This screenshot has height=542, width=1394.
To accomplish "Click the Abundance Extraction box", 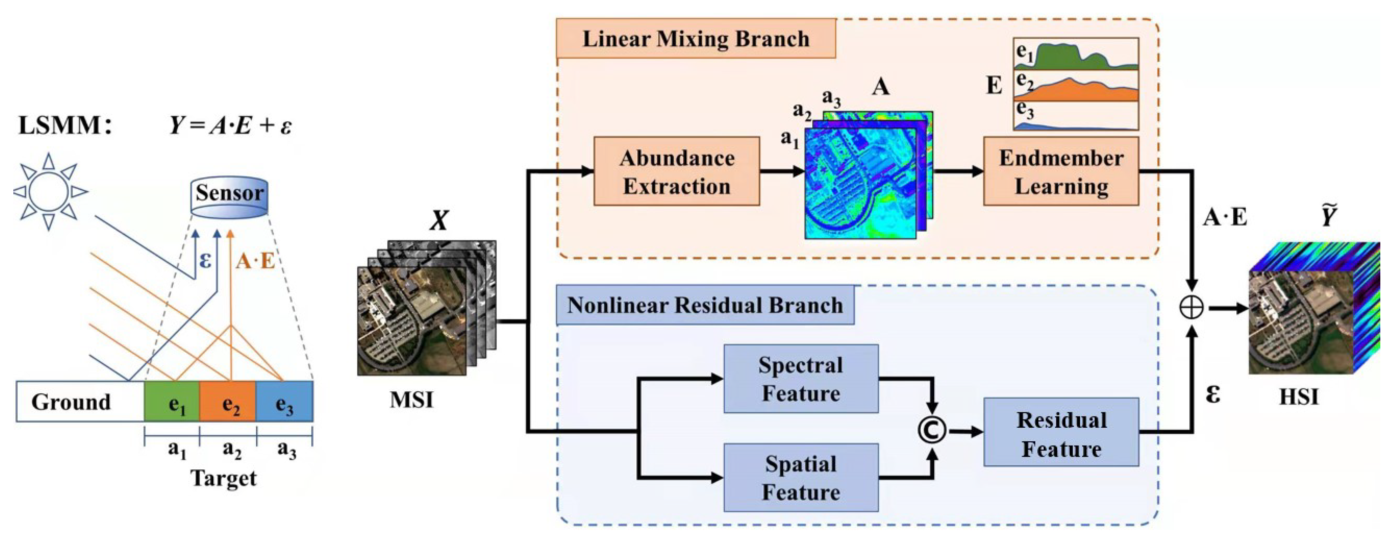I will click(x=677, y=171).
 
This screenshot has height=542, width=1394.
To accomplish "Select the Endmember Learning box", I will click(x=1061, y=171).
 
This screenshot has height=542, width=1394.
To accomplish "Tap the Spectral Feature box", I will click(x=801, y=379).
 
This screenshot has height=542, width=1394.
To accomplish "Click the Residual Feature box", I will click(x=1061, y=432).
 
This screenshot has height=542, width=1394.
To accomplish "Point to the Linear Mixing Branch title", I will click(x=695, y=39).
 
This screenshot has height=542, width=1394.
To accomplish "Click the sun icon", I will click(x=49, y=192).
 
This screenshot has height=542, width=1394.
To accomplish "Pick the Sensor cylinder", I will click(x=229, y=197).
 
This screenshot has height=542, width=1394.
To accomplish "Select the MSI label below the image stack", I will click(x=411, y=400).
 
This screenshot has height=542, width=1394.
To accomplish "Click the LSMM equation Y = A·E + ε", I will click(x=231, y=126).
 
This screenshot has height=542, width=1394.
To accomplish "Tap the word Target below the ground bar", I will click(x=223, y=478).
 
